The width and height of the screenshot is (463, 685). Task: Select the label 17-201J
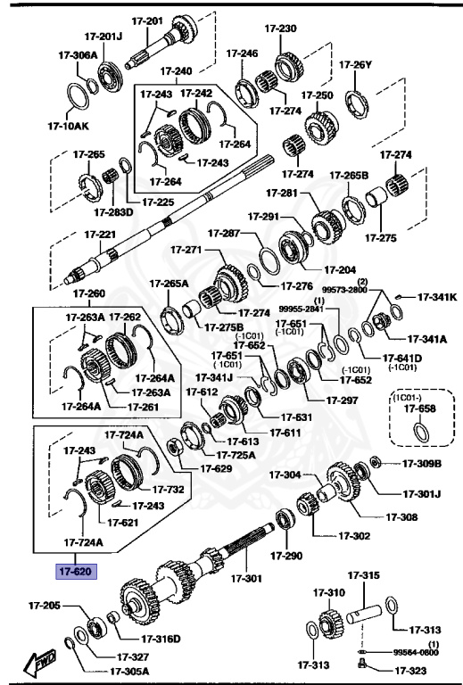103,37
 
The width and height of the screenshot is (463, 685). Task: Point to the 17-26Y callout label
354,64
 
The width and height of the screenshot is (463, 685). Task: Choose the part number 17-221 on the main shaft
100,235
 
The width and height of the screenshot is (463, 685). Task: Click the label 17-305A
129,672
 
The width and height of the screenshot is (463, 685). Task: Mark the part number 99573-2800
344,290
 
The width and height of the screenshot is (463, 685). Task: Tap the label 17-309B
422,463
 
